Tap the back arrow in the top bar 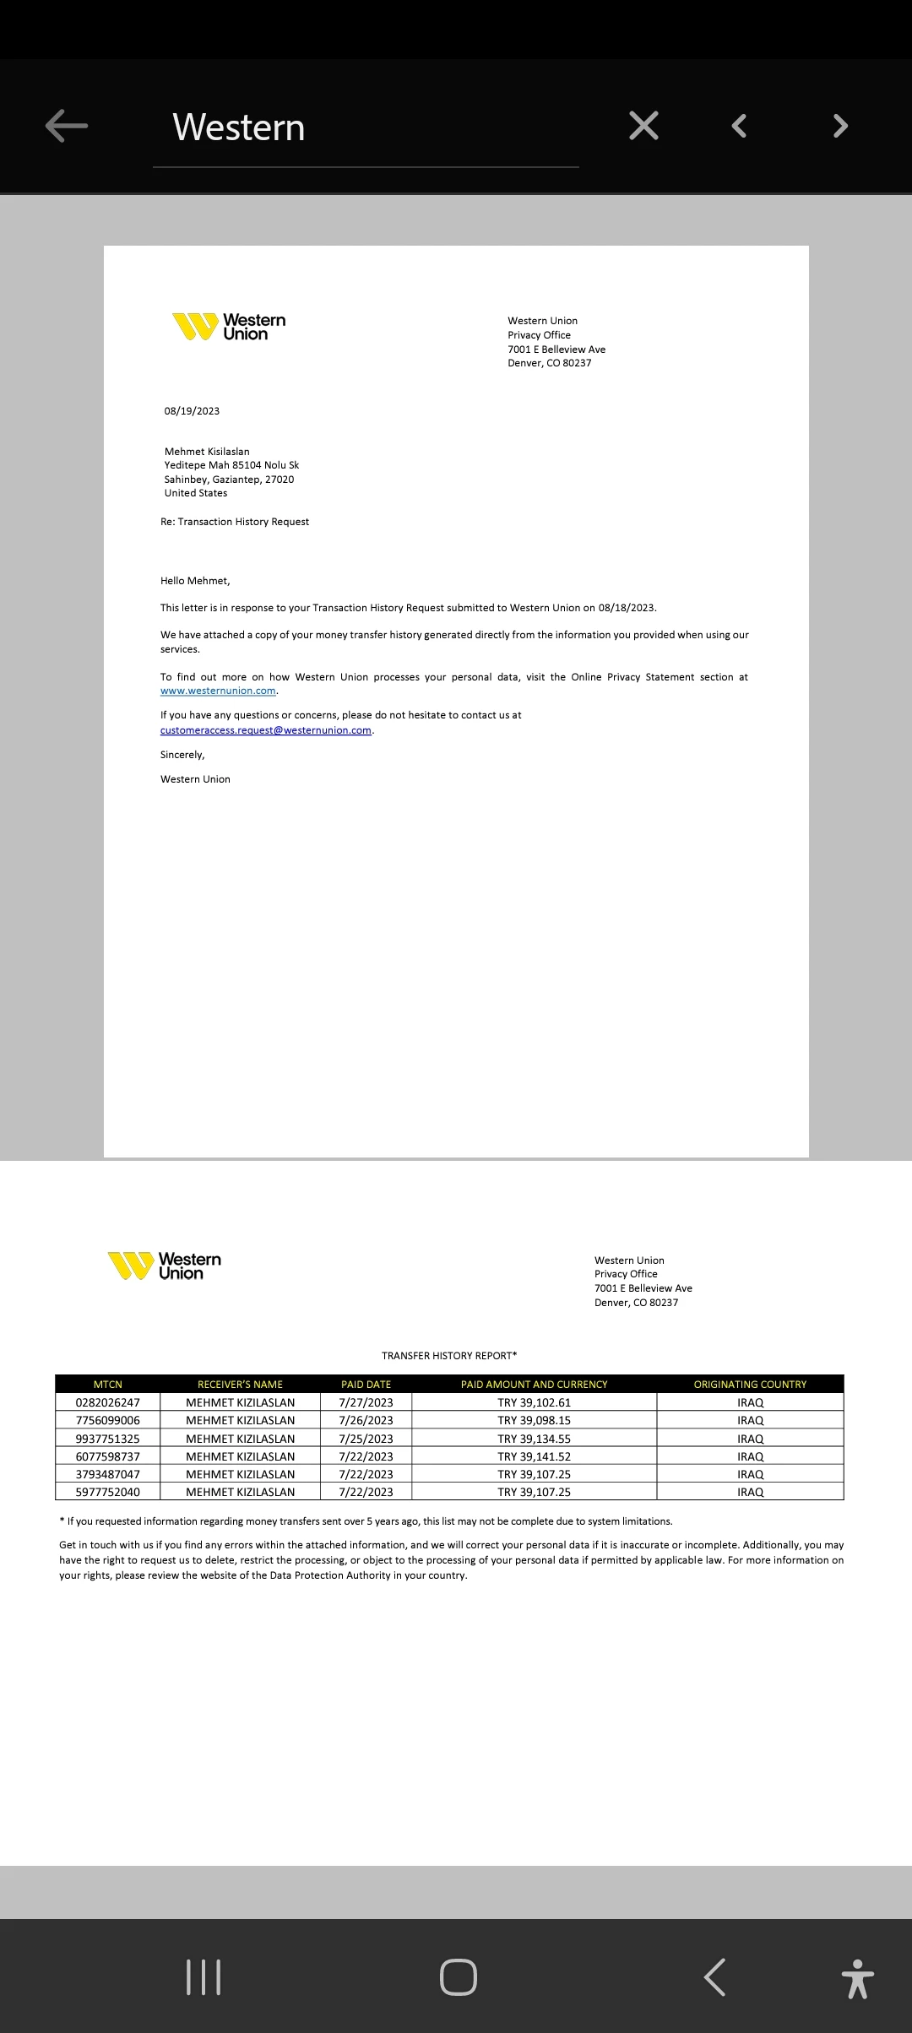[67, 126]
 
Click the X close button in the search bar [643, 126]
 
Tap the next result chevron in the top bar [839, 126]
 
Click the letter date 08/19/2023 [192, 411]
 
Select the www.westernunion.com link [218, 691]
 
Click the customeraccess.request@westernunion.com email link [266, 730]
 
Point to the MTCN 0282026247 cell [108, 1402]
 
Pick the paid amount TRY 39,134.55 [534, 1439]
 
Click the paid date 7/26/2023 [366, 1420]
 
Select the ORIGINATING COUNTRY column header [750, 1384]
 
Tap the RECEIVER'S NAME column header [240, 1384]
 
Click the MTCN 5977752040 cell [108, 1492]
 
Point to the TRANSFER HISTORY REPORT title [448, 1355]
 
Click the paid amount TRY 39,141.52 [534, 1456]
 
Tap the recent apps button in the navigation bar [203, 1976]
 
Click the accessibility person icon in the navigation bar [857, 1978]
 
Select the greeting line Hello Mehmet [195, 581]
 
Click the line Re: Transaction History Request [235, 522]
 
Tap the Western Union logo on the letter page [230, 327]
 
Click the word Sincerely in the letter [182, 755]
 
